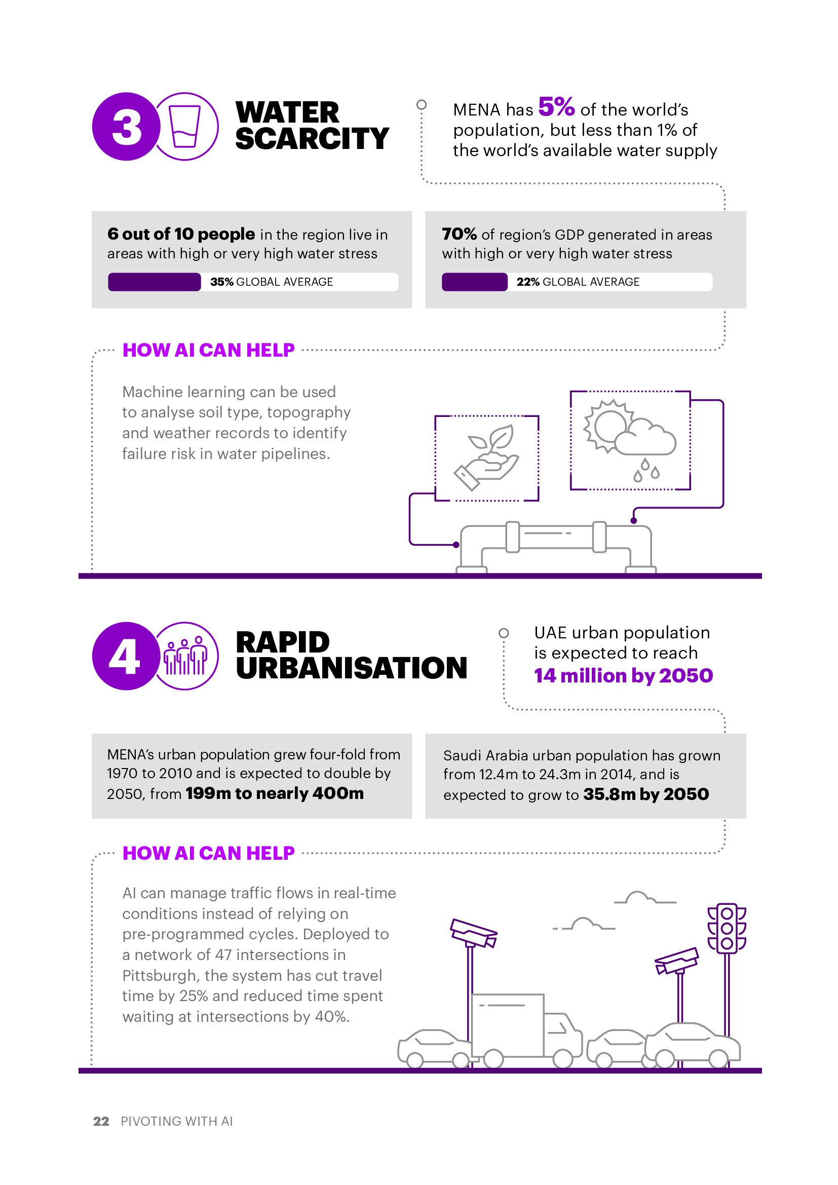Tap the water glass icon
coord(185,126)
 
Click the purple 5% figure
coord(556,107)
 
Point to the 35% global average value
coord(222,282)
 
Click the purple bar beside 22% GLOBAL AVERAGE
coord(475,282)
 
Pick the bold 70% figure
coord(459,235)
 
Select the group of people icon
coord(185,656)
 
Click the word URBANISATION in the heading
coord(352,668)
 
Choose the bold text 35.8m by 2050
coord(646,794)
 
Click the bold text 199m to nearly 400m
coord(275,793)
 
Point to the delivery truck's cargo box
coord(508,1024)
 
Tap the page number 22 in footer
coord(101,1121)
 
